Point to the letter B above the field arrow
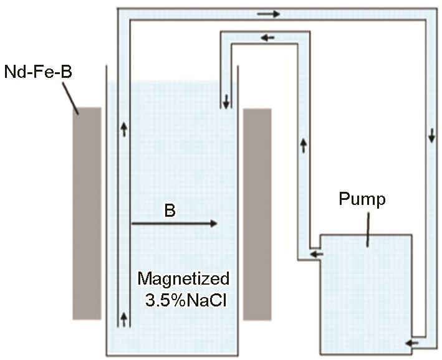pos(170,211)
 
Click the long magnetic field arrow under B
pos(175,223)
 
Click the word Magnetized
pos(183,278)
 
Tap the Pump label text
pos(363,199)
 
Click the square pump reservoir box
pos(365,293)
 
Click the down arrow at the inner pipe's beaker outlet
pos(226,100)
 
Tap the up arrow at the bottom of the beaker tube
pos(123,320)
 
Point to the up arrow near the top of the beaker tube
pos(123,130)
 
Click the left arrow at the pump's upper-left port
pos(316,253)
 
